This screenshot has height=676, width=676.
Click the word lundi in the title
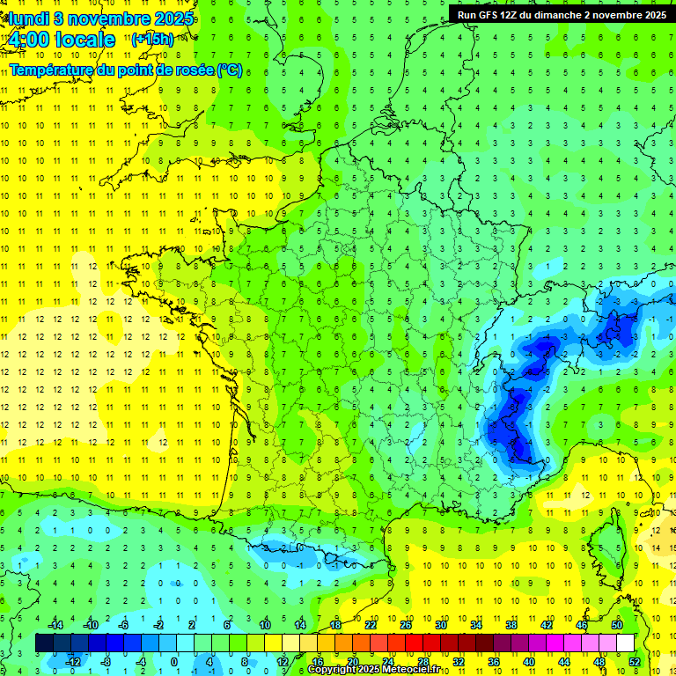(26, 18)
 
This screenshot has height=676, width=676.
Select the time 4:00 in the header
(27, 40)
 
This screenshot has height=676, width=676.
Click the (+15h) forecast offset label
(151, 40)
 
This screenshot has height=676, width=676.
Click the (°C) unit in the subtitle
(230, 69)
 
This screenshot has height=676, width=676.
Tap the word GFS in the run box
(491, 14)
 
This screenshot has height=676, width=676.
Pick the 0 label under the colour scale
(175, 661)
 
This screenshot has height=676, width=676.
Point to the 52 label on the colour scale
(634, 661)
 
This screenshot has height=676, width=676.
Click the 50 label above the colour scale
(616, 625)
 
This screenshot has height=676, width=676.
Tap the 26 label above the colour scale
(406, 625)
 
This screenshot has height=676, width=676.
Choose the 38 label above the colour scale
(511, 625)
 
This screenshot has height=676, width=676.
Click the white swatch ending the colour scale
(625, 643)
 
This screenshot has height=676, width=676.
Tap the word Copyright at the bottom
(333, 670)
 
